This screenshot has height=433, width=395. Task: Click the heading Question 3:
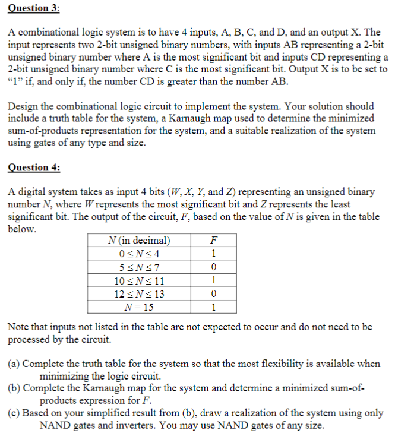[34, 8]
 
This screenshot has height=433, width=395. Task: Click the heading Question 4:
[34, 167]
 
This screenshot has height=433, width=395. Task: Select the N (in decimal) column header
[140, 241]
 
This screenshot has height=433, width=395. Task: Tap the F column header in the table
[214, 241]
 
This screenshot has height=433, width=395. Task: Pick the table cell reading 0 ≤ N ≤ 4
[140, 254]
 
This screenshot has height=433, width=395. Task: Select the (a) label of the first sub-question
[14, 364]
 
